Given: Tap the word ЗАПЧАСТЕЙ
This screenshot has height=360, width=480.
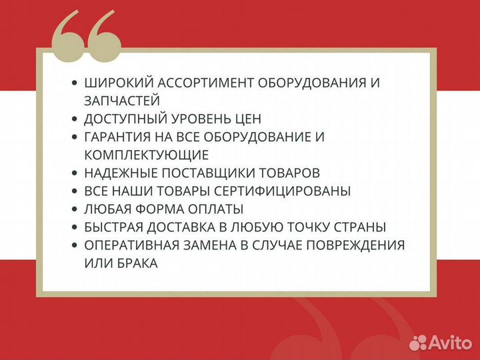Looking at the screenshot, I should [122, 101].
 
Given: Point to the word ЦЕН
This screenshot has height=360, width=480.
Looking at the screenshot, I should [245, 119].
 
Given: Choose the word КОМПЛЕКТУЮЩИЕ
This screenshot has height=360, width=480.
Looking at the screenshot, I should [147, 155].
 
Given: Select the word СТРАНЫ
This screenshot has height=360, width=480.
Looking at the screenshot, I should [363, 227].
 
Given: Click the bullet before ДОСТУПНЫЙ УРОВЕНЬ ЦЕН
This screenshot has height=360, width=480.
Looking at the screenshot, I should [75, 119].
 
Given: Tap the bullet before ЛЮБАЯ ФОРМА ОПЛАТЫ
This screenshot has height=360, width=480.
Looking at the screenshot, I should [75, 209].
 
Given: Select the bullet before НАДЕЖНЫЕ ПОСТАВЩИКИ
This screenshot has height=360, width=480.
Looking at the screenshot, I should [75, 173].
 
